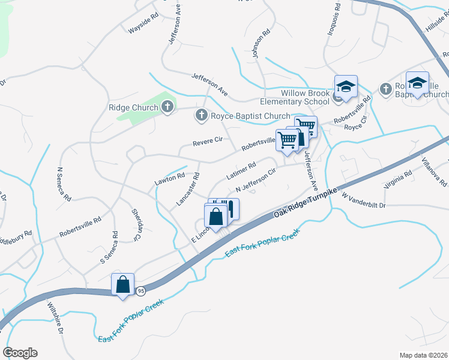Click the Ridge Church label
pos(133,108)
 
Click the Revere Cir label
pos(208,142)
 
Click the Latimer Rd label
pos(241,172)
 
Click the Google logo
pos(20,353)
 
